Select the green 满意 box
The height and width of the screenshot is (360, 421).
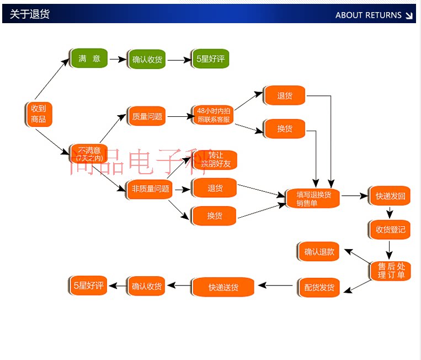tap(89, 58)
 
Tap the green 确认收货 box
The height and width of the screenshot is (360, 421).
tap(147, 59)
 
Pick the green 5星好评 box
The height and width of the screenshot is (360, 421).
tap(210, 59)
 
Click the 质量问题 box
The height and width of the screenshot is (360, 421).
tap(147, 116)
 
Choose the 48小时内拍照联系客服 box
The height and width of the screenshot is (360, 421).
tap(213, 115)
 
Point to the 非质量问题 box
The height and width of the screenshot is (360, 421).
tap(150, 189)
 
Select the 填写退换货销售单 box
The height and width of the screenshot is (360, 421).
tap(313, 198)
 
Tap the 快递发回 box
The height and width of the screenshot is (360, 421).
tap(390, 196)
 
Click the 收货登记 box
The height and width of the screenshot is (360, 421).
tap(390, 229)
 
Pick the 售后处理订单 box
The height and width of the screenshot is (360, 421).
tap(390, 270)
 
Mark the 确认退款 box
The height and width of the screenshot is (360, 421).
tap(319, 252)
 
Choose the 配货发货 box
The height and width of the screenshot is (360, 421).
tap(319, 287)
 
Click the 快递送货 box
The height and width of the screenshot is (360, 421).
tap(223, 287)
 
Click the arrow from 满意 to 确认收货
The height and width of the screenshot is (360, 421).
tap(118, 59)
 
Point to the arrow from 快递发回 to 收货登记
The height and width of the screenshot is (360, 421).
tap(390, 213)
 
